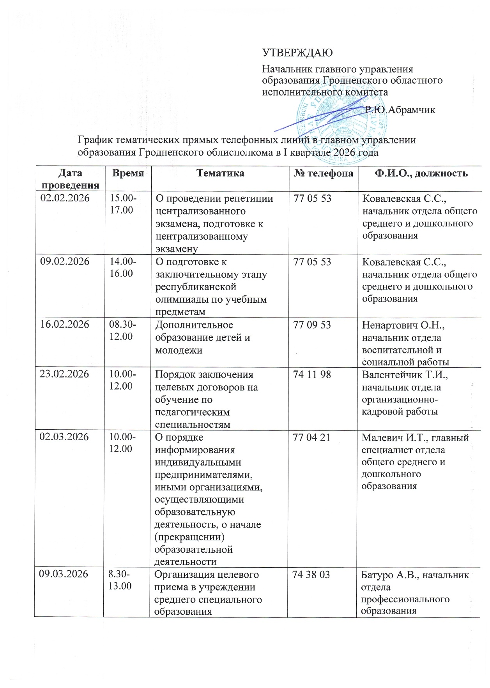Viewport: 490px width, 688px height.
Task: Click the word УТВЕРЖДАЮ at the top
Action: (x=297, y=53)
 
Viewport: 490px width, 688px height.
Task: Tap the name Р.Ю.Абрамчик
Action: (x=400, y=110)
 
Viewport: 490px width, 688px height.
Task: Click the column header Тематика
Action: (x=220, y=173)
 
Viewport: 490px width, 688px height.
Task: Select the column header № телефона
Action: (x=323, y=173)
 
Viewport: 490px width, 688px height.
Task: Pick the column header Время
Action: (x=128, y=173)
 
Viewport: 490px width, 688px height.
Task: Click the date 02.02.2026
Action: (x=65, y=198)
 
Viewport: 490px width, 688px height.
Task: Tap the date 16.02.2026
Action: (x=65, y=325)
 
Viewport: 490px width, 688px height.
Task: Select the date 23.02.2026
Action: (x=65, y=375)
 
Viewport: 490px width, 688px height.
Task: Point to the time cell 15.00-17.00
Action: (x=123, y=204)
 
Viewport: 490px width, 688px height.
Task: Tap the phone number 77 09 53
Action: (x=312, y=325)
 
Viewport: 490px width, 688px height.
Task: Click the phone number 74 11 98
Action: (x=312, y=375)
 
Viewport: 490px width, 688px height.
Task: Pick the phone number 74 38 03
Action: (x=311, y=574)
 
